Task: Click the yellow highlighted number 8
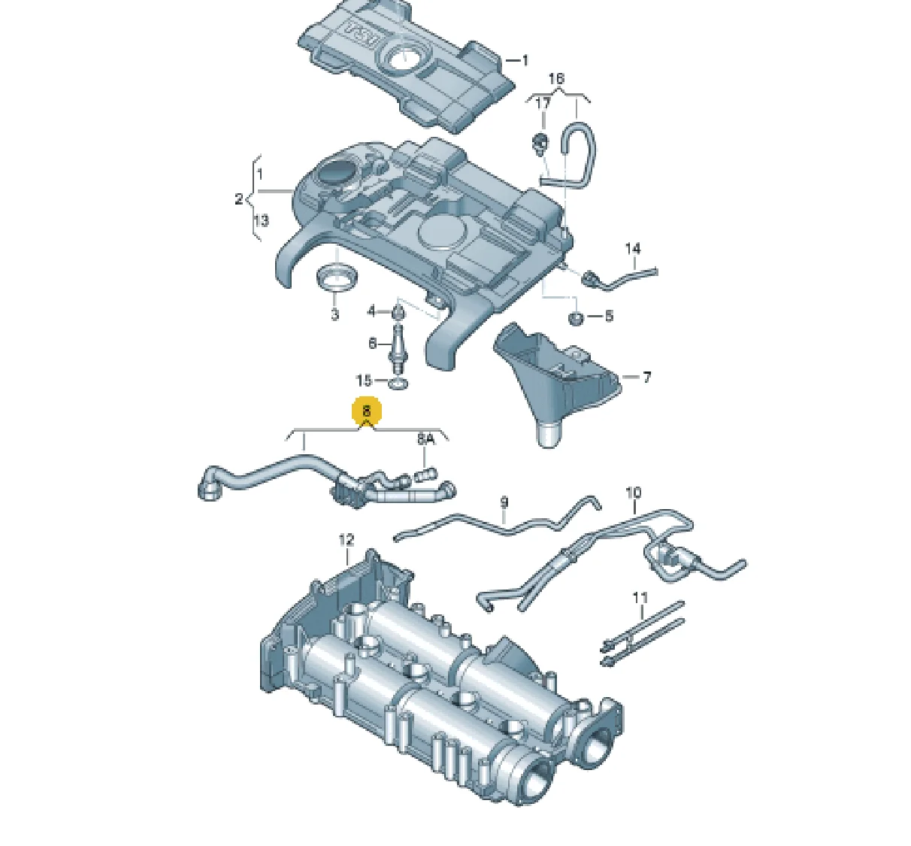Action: point(366,411)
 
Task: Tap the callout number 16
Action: point(556,79)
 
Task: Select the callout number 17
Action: point(543,104)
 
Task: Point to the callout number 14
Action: point(633,249)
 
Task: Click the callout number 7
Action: point(646,377)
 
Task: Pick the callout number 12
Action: point(347,540)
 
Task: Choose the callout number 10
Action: point(634,493)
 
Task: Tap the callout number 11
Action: point(640,598)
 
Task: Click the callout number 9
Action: point(504,502)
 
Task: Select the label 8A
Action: point(425,439)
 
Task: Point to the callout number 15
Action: point(363,380)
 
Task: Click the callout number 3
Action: point(334,314)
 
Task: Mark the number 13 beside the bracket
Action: point(261,221)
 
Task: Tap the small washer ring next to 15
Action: point(398,383)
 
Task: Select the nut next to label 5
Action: point(575,317)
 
